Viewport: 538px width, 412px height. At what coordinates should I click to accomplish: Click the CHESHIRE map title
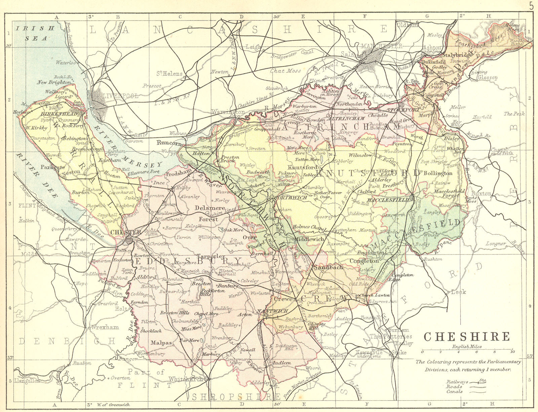[x=467, y=337]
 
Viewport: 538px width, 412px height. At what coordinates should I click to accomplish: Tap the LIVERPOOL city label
[x=120, y=96]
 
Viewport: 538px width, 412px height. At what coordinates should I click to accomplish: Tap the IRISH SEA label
[x=35, y=33]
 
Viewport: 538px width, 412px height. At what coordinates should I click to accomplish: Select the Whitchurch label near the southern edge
[x=186, y=379]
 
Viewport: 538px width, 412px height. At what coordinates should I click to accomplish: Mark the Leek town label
[x=458, y=292]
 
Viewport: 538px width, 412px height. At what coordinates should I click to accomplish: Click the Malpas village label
[x=161, y=343]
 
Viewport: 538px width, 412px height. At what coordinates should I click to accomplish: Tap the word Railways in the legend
[x=457, y=382]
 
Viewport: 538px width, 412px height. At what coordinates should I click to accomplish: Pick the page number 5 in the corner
[x=531, y=6]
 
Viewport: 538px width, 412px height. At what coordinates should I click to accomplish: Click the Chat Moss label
[x=285, y=71]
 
